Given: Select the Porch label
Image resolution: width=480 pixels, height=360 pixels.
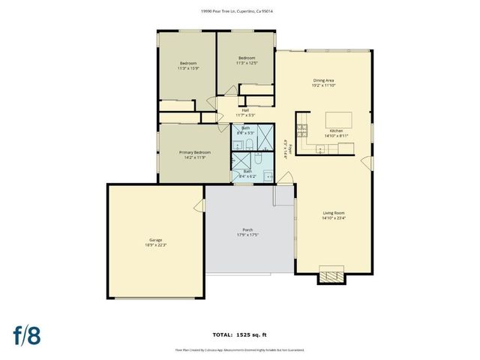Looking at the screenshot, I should click(247, 232).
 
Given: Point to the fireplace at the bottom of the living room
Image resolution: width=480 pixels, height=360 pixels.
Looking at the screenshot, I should click(331, 275).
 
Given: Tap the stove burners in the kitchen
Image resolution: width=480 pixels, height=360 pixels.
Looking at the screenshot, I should click(302, 133).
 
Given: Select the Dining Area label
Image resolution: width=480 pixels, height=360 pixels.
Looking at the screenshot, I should click(323, 82).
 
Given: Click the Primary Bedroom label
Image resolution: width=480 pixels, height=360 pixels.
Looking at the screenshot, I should click(193, 154).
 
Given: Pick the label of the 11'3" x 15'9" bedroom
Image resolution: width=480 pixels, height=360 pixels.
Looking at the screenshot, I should click(187, 64).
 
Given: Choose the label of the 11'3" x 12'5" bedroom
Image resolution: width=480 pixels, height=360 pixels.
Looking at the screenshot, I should click(247, 60).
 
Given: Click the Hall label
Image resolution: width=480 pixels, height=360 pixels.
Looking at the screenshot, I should click(245, 112).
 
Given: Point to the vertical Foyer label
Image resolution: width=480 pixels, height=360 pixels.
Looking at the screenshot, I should click(285, 148).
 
